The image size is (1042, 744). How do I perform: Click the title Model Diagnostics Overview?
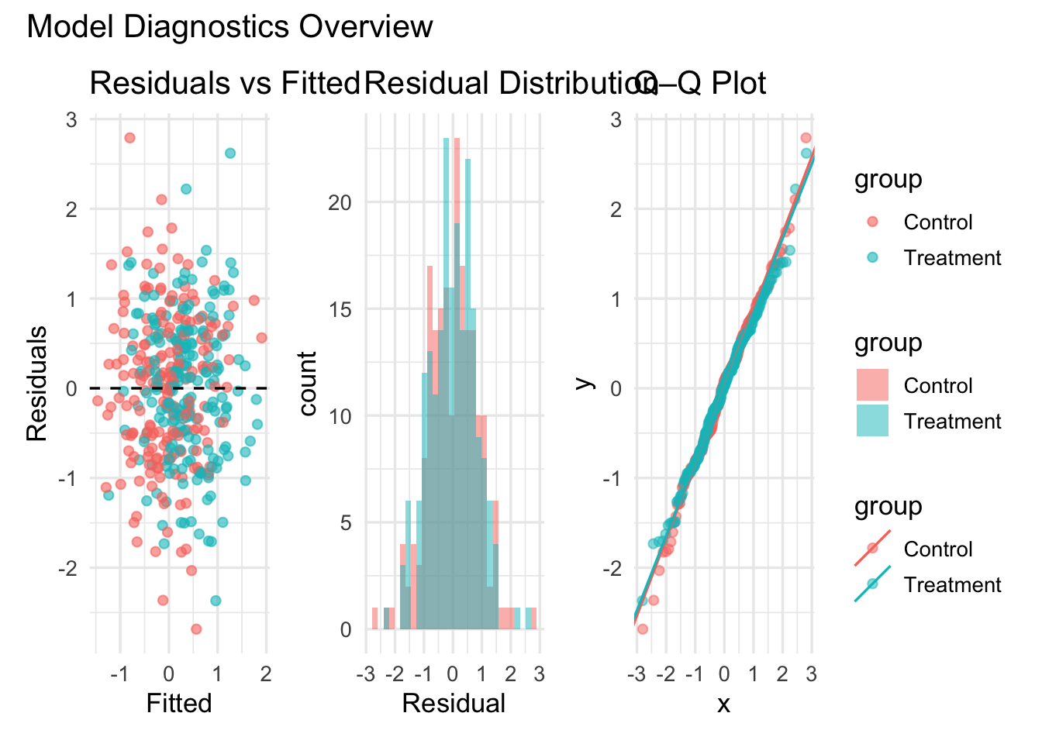[x=229, y=27]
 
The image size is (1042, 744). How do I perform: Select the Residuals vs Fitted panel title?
[x=225, y=83]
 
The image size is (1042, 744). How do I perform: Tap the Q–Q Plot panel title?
[x=702, y=83]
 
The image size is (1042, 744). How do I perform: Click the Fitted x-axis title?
[x=179, y=703]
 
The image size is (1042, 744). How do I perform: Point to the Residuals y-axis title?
[x=36, y=384]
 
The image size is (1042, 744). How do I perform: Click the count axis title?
[x=307, y=384]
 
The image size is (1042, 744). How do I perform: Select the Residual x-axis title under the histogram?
[x=454, y=703]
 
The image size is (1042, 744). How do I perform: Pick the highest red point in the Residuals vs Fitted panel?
[x=129, y=138]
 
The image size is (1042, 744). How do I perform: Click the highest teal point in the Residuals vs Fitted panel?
[x=230, y=153]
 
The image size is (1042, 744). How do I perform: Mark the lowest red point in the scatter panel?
[x=196, y=629]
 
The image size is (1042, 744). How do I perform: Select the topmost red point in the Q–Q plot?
[x=806, y=138]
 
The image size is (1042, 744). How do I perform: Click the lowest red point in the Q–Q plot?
[x=642, y=629]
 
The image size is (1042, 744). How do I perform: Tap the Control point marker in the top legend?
[x=872, y=222]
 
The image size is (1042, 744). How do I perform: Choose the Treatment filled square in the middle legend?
[x=872, y=421]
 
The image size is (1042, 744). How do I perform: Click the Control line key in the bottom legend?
[x=872, y=549]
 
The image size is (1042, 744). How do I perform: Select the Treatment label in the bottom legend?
[x=952, y=584]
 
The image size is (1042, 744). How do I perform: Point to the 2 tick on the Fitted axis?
[x=266, y=673]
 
